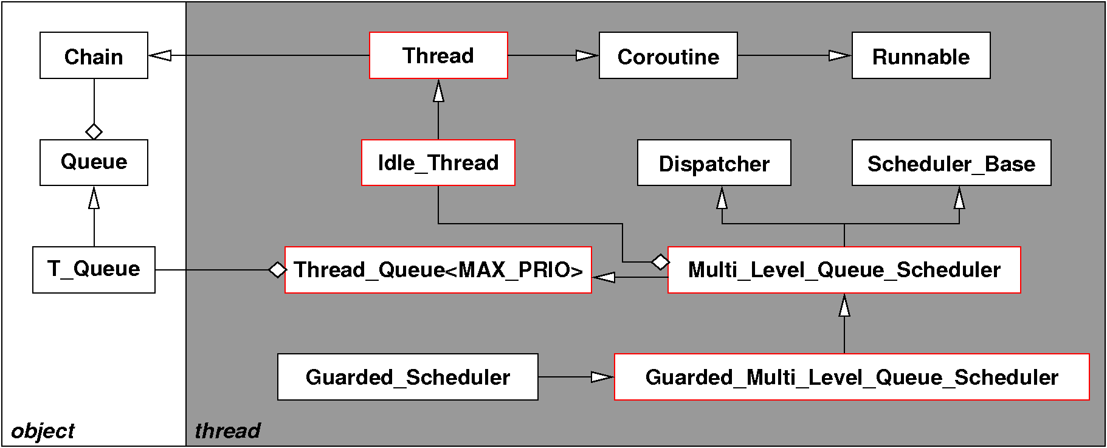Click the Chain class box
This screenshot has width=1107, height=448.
coord(94,55)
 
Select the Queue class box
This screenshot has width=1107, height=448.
coord(94,162)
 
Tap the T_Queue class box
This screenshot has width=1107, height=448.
coord(94,269)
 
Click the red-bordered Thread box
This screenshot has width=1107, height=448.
coord(438,55)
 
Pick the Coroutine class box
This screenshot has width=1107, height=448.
coord(668,55)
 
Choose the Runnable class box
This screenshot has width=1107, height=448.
coord(921,55)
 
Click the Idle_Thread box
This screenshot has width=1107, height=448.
coord(438,162)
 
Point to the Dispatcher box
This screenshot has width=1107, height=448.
coord(714,162)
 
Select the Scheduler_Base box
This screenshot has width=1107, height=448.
coord(951,162)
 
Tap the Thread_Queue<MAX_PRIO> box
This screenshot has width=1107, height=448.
coord(438,269)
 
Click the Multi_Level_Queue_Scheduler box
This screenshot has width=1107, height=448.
coord(844,269)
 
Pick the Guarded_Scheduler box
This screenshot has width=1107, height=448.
coord(408,377)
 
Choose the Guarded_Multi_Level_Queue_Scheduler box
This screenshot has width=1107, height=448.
coord(852,377)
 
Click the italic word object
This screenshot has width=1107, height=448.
coord(43,431)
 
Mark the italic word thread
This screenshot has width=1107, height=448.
coord(227,431)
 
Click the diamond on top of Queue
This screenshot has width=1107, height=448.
coord(94,131)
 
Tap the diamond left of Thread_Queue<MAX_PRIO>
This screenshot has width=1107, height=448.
coord(277,269)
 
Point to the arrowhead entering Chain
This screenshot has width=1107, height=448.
coord(160,55)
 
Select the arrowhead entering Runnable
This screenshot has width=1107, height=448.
coord(840,55)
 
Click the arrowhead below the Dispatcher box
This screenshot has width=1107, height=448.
coord(722,198)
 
